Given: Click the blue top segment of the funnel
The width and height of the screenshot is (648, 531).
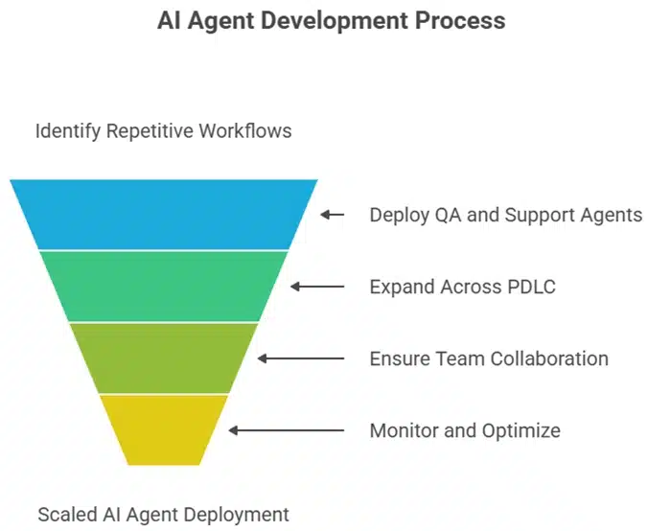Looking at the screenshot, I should click(164, 214).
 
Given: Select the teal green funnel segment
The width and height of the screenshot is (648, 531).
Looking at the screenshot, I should click(164, 286).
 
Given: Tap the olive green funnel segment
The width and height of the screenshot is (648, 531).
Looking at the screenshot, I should click(164, 358).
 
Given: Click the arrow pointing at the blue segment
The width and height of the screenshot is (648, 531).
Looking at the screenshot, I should click(332, 215).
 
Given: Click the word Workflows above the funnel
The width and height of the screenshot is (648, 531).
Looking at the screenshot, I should click(244, 130).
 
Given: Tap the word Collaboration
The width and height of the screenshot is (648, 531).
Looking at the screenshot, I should click(549, 358).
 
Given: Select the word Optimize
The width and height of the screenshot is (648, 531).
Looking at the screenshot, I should click(521, 430).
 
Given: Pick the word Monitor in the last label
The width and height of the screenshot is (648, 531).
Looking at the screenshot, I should click(404, 430).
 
